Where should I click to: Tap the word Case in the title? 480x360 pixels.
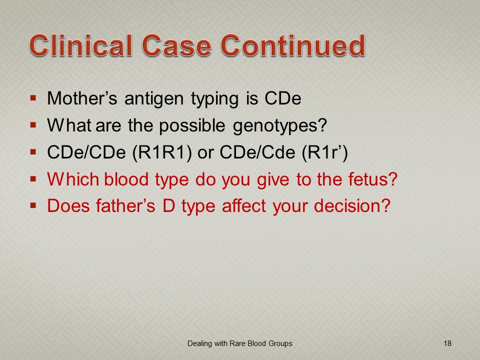176,45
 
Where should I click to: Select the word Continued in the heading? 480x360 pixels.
292,45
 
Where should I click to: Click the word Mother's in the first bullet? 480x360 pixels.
82,98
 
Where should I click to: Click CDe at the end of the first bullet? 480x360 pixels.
283,98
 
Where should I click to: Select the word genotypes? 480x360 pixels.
280,126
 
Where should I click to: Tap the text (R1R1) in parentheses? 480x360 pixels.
162,152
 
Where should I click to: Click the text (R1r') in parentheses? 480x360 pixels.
325,152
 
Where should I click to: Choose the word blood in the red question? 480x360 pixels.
126,179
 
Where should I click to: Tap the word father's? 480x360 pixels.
125,205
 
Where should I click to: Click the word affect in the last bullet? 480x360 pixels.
244,205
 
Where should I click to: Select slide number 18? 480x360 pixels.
447,343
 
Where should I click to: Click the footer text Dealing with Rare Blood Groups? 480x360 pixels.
240,343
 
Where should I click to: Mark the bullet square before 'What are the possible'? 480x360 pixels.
33,125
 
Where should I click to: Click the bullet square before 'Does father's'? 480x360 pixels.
33,205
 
